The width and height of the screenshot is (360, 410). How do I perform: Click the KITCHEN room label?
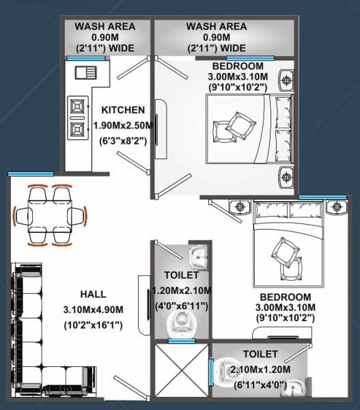tap(123, 109)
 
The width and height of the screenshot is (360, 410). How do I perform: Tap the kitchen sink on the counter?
tap(85, 74)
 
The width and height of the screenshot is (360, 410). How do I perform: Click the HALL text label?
tap(93, 294)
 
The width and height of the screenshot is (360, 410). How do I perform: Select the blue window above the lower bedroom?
tap(317, 197)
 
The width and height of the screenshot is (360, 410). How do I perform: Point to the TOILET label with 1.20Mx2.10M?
tap(182, 275)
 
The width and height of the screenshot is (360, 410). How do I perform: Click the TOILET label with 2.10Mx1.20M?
tap(260, 354)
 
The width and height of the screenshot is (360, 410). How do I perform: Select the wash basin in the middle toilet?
tap(197, 256)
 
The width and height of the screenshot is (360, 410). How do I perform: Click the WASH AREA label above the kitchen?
tap(105, 27)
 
